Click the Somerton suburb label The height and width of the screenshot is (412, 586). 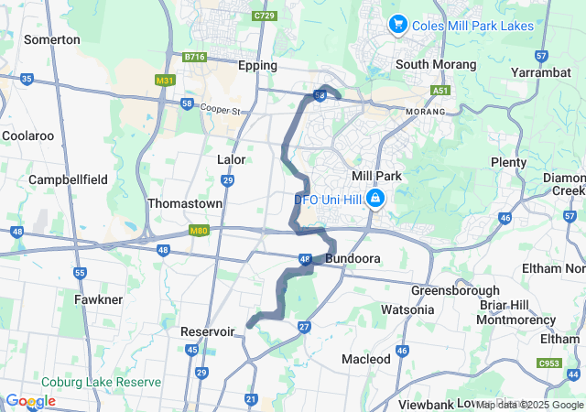point(52,40)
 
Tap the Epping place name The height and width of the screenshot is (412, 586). point(257,66)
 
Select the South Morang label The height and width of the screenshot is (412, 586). point(436,65)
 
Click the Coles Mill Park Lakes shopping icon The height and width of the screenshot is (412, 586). point(398,25)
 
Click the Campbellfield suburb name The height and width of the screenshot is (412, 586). point(70,180)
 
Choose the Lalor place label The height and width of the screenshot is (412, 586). point(232,160)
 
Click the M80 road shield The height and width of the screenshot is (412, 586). point(200,230)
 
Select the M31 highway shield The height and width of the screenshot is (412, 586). point(165,81)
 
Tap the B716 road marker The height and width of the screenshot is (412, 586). point(194,57)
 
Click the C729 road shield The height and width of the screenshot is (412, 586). point(266,16)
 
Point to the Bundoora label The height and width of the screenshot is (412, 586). point(353,260)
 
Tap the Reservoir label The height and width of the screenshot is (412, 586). point(209,331)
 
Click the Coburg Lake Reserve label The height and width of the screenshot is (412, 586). point(101,382)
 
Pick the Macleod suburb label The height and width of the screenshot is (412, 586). point(366,359)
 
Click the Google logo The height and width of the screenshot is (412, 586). point(31,401)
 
